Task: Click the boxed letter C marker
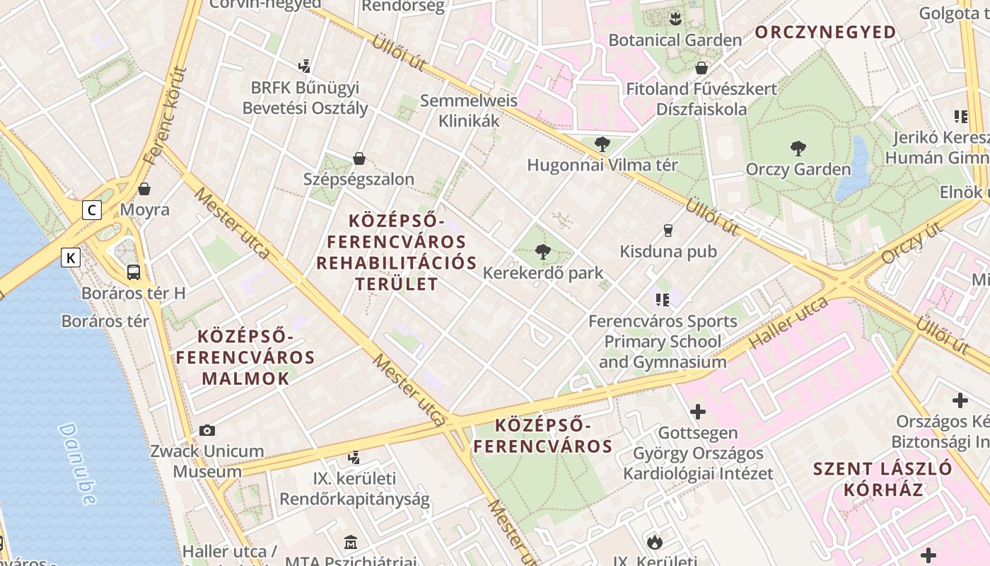tap(91, 210)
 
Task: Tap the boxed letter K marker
tap(71, 258)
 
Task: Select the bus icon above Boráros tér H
tap(134, 272)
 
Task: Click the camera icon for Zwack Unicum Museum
tap(207, 430)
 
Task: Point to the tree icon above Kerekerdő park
tap(543, 251)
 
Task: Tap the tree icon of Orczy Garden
tap(798, 149)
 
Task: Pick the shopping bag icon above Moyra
tap(144, 189)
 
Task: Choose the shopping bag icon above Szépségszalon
tap(359, 158)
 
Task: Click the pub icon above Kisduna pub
tap(668, 230)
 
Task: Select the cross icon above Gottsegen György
tap(698, 411)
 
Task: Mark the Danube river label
tap(77, 464)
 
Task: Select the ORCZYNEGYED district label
tap(825, 32)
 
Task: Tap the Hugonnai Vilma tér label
tap(602, 165)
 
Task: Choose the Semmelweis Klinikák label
tap(469, 110)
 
